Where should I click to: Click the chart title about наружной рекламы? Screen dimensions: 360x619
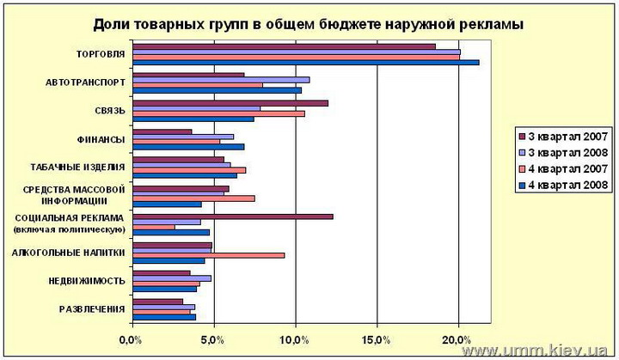coord(307,23)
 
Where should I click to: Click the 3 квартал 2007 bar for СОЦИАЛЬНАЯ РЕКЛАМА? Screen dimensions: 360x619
coord(232,217)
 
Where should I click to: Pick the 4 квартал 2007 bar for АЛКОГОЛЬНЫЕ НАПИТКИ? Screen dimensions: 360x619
coord(208,254)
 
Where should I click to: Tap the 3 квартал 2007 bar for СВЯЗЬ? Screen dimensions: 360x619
coord(230,103)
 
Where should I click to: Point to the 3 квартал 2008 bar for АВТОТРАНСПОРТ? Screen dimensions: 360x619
coord(220,80)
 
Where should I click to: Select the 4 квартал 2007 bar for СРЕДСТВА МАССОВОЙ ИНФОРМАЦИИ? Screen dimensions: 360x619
coord(193,198)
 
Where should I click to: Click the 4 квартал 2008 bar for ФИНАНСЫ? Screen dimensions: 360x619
coord(188,147)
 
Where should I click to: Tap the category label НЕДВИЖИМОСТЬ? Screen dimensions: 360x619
coord(87,280)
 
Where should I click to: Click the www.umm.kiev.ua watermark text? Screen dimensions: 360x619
coord(534,351)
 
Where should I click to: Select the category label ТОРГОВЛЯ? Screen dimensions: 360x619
coord(101,54)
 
